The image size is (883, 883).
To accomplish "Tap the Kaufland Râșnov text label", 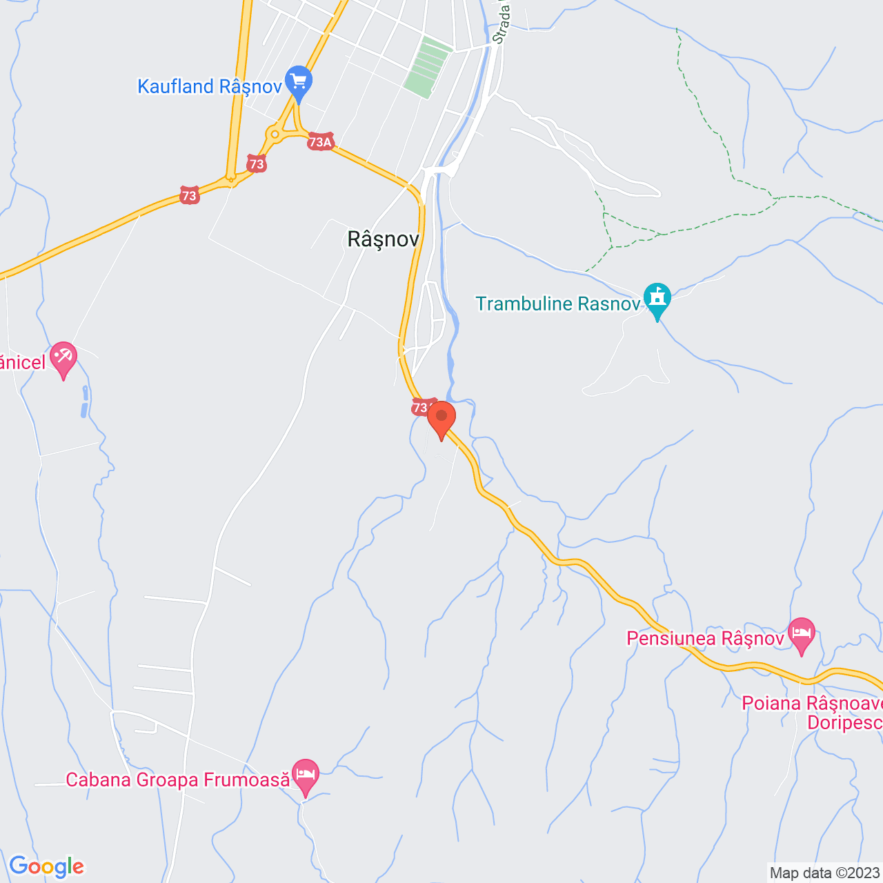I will point(210,87).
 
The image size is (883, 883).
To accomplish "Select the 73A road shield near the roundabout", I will point(321,142).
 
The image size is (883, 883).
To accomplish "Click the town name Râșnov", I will point(383,239).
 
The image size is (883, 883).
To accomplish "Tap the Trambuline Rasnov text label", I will point(557,304).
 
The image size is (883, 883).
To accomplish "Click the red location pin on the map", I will point(441,418).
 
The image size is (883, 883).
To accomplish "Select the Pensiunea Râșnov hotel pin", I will point(801,635).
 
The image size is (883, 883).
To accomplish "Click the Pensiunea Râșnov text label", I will point(705,639).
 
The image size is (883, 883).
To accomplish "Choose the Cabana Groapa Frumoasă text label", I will point(178,780).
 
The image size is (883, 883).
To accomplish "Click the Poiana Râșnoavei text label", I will point(812,704).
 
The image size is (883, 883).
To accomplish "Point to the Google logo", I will point(46,866).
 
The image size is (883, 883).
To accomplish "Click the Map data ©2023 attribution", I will point(825,873).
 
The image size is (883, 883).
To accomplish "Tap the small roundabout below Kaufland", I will point(275,134).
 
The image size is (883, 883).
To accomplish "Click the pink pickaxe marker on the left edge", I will point(63,358).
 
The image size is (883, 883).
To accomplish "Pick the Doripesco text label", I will point(844,723).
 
